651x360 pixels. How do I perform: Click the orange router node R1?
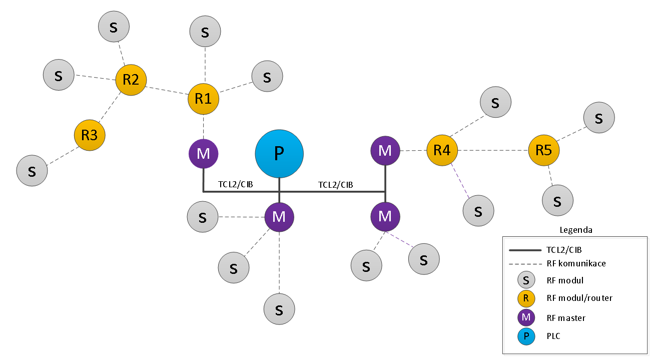click(x=203, y=99)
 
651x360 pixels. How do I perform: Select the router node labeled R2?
click(x=131, y=80)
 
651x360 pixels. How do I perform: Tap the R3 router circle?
click(x=90, y=135)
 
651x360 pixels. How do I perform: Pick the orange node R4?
click(x=442, y=150)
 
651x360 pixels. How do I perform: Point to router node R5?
click(x=544, y=150)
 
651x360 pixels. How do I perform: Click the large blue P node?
click(x=279, y=154)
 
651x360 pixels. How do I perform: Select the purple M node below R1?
click(x=204, y=154)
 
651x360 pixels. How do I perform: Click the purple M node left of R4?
click(x=385, y=151)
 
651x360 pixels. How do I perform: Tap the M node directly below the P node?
click(x=279, y=217)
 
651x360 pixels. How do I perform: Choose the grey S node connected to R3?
click(x=32, y=171)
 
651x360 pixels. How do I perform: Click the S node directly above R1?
click(x=205, y=32)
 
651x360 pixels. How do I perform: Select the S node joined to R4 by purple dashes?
click(x=478, y=211)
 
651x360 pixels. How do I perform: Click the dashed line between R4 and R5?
click(x=493, y=150)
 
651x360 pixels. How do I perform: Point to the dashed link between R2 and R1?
click(x=167, y=91)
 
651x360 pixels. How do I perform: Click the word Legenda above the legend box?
click(x=576, y=230)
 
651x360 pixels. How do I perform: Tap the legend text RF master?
click(x=566, y=318)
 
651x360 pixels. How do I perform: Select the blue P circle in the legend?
click(x=526, y=336)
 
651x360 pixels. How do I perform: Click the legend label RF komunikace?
click(x=576, y=263)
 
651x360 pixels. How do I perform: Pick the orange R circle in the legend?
click(x=526, y=298)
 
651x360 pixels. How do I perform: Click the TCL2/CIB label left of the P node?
click(x=235, y=184)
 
